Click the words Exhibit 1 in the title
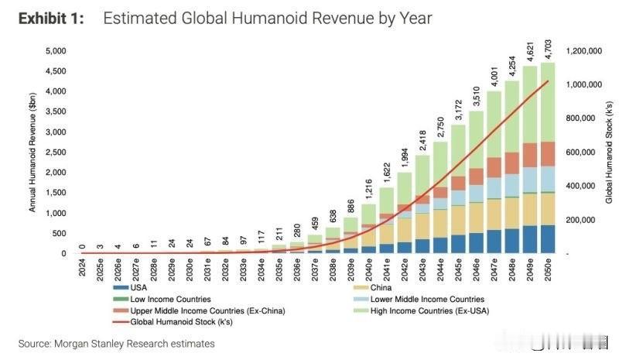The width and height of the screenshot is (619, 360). [x=53, y=18]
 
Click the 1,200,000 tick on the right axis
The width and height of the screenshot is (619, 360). [x=584, y=51]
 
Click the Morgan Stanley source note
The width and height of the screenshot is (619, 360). [x=116, y=343]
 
